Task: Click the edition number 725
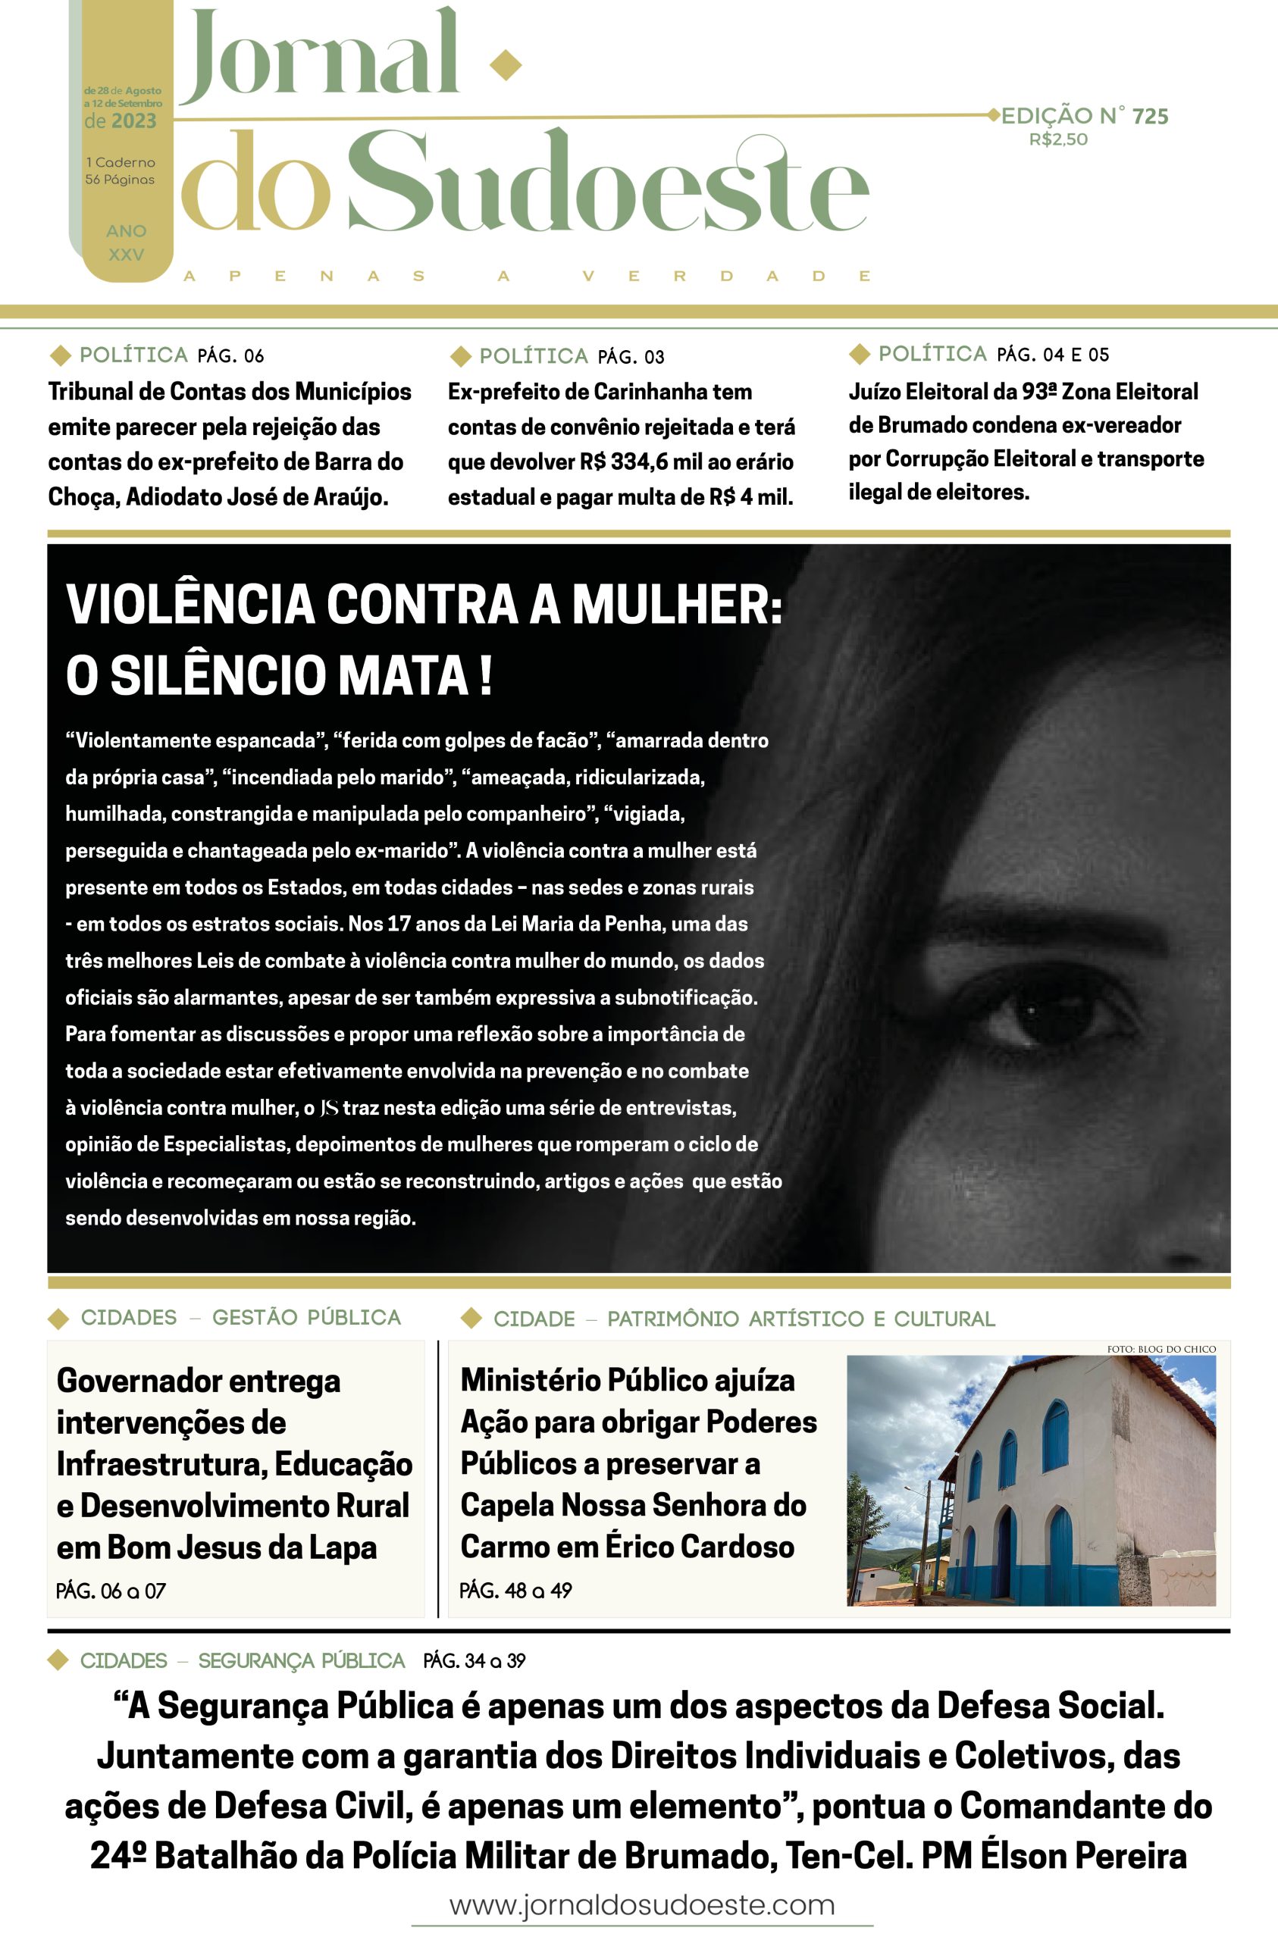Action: point(1150,117)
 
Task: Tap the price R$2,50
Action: point(1057,139)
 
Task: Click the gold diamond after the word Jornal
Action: point(505,64)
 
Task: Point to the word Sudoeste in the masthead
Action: point(608,184)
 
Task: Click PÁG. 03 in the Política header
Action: point(631,357)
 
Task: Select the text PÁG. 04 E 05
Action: point(1053,355)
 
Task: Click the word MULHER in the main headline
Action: point(676,604)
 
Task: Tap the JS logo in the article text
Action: point(329,1109)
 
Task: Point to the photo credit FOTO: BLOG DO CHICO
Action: point(1161,1349)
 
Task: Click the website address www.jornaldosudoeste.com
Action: point(642,1905)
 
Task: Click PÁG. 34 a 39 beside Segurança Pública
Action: point(474,1660)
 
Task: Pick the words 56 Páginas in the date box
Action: point(120,180)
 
